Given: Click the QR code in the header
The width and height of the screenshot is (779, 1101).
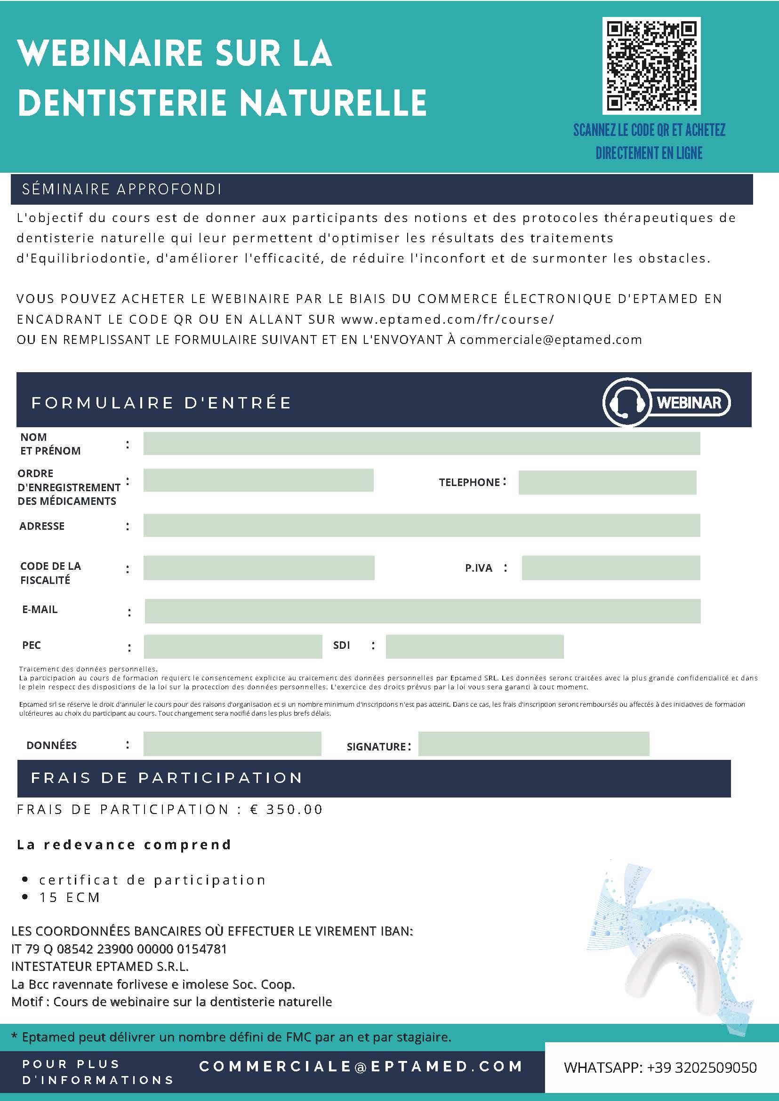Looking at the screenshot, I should pos(651,66).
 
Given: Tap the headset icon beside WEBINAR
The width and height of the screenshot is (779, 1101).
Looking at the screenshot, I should pos(625,402).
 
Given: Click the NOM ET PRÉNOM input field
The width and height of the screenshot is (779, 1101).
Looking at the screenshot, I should pos(421,444).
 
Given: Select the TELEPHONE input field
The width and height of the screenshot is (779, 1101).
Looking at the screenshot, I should pos(607,482).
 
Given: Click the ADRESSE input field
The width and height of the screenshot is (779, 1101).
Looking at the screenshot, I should pos(421,526).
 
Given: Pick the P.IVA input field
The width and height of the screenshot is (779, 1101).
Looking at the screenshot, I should pos(610,568).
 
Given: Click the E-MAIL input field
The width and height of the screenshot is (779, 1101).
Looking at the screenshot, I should pos(422,611).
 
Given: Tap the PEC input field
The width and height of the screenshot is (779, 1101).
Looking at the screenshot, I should pos(233,646).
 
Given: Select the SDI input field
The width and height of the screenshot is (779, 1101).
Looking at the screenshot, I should pos(474,646).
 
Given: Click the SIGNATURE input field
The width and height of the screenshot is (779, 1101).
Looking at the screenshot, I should pos(533,744).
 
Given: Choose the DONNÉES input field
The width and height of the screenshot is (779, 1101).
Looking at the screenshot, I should pos(232,744).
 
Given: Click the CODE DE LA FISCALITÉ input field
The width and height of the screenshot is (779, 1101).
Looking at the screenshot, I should pos(258,568).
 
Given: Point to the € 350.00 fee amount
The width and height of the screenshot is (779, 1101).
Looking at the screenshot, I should pos(286,809).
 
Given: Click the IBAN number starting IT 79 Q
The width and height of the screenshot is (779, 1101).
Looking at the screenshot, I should pos(119,949).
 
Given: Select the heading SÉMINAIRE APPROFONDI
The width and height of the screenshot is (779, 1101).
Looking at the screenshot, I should pos(121,190).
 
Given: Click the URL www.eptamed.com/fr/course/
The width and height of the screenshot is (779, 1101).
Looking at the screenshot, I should pos(448,319).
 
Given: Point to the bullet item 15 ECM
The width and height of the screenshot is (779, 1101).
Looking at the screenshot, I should pos(70,897).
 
